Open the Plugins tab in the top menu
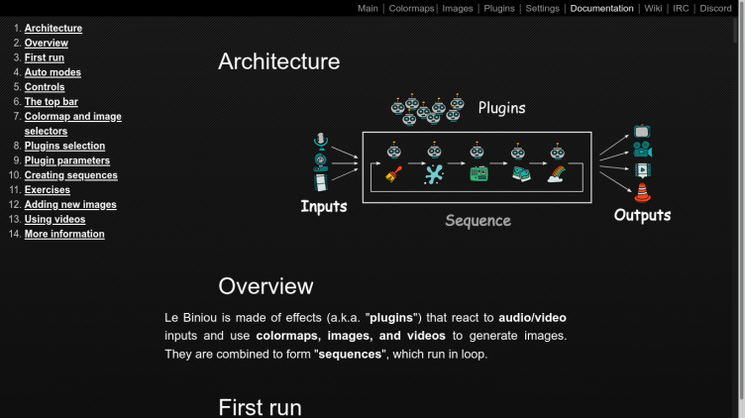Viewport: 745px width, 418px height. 498,8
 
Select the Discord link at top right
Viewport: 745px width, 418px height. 715,8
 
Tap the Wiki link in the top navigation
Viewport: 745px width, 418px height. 653,8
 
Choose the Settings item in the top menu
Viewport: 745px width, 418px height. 542,8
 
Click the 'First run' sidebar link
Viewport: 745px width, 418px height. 45,57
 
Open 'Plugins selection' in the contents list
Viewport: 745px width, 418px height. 64,146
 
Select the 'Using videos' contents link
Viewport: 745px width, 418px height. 54,219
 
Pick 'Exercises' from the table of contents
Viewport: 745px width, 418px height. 48,189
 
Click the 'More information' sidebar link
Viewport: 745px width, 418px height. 64,234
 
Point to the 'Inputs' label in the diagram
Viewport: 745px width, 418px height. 324,207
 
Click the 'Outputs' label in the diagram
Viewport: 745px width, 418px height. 642,215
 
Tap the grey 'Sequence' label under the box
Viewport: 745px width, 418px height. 478,220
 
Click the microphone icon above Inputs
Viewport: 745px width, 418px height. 320,140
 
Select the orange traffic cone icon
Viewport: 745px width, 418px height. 642,193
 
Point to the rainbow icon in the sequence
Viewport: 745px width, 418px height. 557,174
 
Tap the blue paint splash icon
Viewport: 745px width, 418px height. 434,174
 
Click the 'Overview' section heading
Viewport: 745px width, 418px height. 266,286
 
